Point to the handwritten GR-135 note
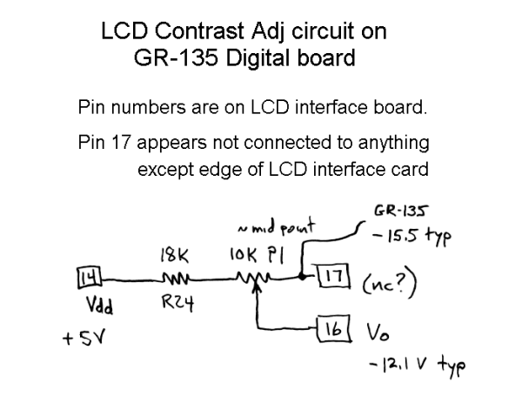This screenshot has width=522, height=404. pyautogui.click(x=402, y=212)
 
